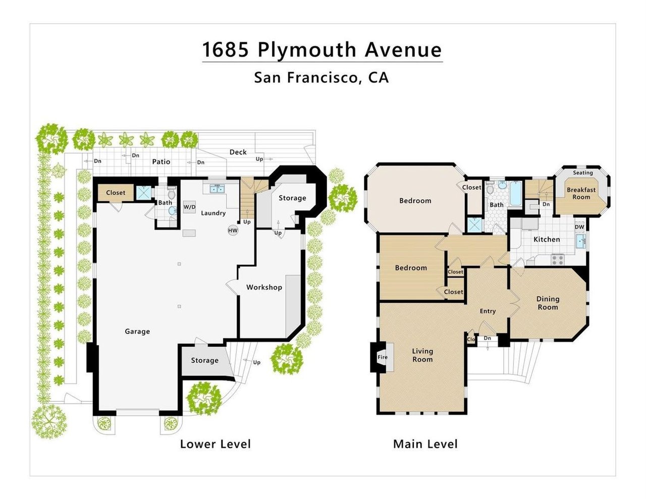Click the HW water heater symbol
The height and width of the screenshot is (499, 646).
coord(233,231)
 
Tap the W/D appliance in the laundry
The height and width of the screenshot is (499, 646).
coord(189,207)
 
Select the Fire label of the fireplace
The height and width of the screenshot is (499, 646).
coord(383,357)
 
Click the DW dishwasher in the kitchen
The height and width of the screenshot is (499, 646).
coord(579,227)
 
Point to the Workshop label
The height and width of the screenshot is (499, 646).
coord(264,288)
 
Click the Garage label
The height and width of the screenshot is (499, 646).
coord(137,331)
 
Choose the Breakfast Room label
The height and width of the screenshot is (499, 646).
coord(581,193)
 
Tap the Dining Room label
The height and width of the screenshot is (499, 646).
coord(548,303)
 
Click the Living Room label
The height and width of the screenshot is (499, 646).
coord(422,355)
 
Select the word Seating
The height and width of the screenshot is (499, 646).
coord(583,173)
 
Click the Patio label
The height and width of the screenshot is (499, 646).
coord(161,161)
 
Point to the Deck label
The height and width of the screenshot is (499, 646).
coord(238,152)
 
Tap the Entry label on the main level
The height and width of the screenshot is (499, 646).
coord(488,311)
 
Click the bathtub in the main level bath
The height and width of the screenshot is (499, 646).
coord(515,194)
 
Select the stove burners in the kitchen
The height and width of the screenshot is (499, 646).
coord(558,259)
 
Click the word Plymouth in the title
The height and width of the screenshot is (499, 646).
coord(307,49)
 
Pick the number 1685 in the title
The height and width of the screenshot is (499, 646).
coord(225,49)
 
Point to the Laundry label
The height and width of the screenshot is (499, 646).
coord(213,213)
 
